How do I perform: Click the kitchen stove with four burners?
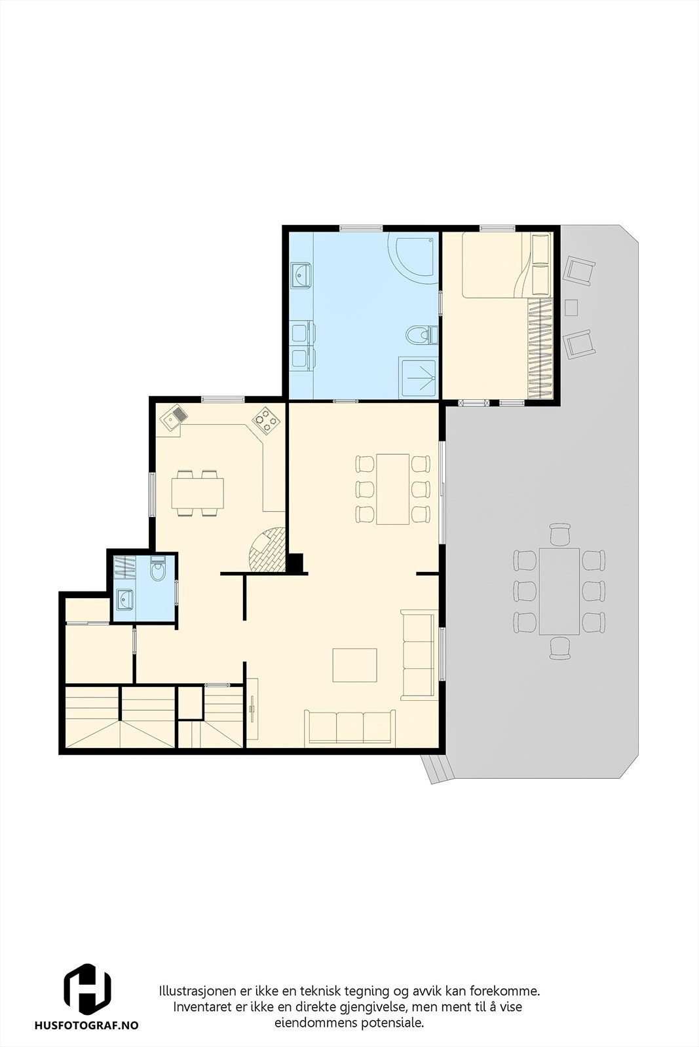point(267,420)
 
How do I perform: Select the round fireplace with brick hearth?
point(268,550)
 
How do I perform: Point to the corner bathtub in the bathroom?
point(412,257)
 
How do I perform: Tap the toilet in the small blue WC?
point(158,571)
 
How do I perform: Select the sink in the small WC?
point(125,597)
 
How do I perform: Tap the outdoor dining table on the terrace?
point(559,592)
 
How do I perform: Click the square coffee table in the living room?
point(354,665)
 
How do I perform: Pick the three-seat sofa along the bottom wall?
point(350,727)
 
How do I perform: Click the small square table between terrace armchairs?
point(571,307)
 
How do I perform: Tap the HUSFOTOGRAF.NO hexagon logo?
point(87,990)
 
